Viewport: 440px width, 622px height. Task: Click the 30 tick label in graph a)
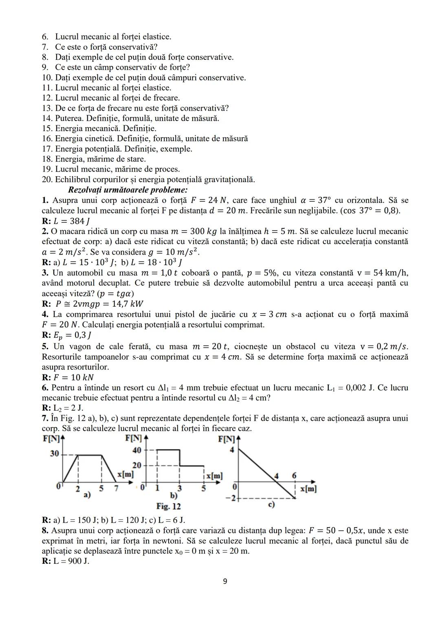(x=54, y=454)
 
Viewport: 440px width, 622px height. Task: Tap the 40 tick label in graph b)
(x=137, y=450)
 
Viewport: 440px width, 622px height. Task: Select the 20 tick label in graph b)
(x=137, y=465)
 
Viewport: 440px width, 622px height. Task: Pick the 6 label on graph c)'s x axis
(x=294, y=476)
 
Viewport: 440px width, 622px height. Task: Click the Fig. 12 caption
(x=168, y=506)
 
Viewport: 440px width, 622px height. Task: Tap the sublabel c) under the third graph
(x=271, y=504)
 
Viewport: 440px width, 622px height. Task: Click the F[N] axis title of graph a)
(x=51, y=439)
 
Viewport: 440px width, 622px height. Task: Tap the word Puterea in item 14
(x=68, y=118)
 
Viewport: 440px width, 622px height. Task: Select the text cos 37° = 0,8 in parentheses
(x=371, y=211)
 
